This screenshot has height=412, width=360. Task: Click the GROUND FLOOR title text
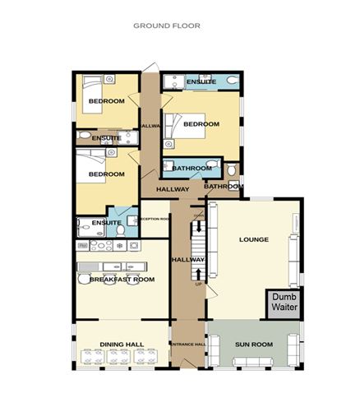point(167,25)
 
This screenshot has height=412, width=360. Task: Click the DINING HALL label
point(122,345)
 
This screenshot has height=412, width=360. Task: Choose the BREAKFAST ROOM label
point(122,280)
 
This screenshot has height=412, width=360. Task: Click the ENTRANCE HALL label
point(187,344)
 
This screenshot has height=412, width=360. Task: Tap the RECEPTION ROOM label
point(154,220)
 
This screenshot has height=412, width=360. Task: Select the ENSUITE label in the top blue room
point(201,82)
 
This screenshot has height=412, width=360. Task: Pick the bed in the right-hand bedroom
point(174,124)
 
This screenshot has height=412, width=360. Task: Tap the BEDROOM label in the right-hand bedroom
point(201,124)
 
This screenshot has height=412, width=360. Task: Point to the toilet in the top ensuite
point(234,80)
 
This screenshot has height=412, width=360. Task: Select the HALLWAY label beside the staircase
point(182,260)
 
